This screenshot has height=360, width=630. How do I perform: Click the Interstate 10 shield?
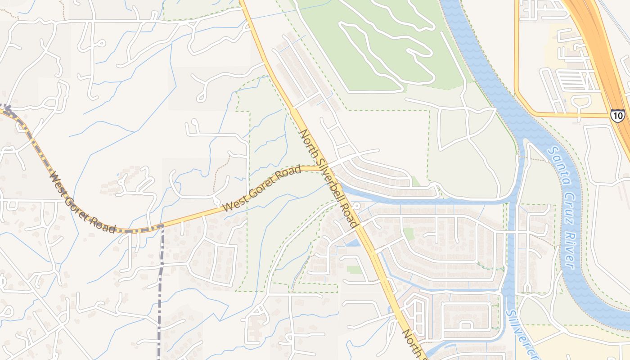pyautogui.click(x=617, y=116)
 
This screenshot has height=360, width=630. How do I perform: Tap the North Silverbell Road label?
pyautogui.click(x=329, y=178)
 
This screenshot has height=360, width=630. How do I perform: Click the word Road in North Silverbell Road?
pyautogui.click(x=351, y=215)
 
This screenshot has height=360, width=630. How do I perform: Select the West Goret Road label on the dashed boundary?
pyautogui.click(x=83, y=202)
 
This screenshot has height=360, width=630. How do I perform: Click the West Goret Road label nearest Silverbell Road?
pyautogui.click(x=261, y=189)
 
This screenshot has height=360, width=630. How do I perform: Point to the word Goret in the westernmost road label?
pyautogui.click(x=83, y=203)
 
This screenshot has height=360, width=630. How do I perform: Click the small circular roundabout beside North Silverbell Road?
pyautogui.click(x=356, y=206)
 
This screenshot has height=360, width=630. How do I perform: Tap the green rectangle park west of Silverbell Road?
pyautogui.click(x=354, y=270)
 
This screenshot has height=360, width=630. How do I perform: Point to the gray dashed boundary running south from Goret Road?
pyautogui.click(x=161, y=292)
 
